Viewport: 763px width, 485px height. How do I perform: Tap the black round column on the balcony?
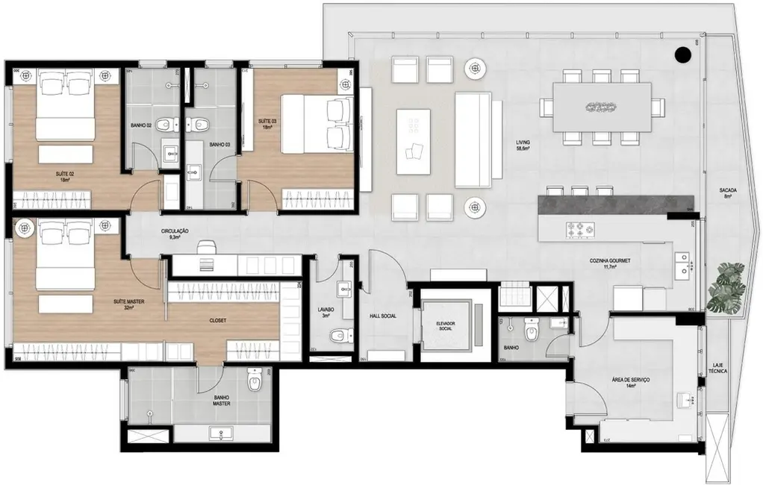click(682, 54)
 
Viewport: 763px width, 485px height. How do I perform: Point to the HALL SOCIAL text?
click(382, 316)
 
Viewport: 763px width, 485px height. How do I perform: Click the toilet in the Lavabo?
click(340, 335)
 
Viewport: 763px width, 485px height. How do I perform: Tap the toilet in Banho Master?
click(254, 383)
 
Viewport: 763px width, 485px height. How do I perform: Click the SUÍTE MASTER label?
click(128, 304)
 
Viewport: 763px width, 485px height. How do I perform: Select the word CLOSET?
click(219, 320)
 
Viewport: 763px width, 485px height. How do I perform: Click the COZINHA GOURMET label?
click(610, 263)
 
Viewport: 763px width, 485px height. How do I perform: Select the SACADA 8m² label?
click(729, 194)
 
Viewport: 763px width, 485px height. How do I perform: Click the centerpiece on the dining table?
click(600, 107)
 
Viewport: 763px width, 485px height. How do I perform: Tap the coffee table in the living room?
click(413, 141)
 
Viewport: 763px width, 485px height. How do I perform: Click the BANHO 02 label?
click(141, 125)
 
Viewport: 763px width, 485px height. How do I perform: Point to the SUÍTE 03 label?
click(267, 123)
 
